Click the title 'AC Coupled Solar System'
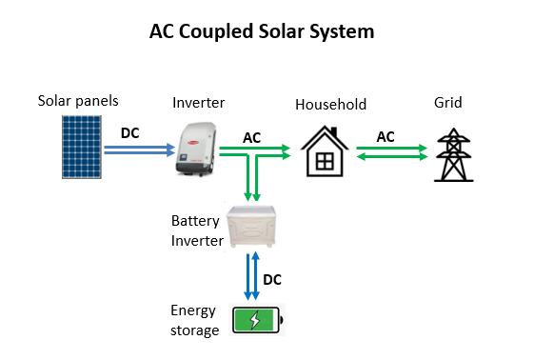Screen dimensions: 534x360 [262, 32]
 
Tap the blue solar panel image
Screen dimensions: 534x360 [82, 147]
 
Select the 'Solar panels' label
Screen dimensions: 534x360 [78, 101]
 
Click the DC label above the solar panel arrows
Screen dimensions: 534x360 [130, 132]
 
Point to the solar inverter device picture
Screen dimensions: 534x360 [196, 149]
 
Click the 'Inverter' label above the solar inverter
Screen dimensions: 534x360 [199, 103]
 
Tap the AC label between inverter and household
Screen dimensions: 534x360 [251, 138]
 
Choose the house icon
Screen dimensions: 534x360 [325, 151]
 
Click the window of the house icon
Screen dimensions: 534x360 [325, 162]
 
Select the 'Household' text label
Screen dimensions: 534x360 [330, 105]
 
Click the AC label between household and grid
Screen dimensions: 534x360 [386, 137]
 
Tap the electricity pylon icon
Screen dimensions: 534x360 [454, 154]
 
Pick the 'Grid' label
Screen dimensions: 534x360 [447, 103]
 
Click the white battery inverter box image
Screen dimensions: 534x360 [251, 226]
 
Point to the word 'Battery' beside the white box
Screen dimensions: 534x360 [195, 221]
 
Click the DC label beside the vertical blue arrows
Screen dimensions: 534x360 [272, 280]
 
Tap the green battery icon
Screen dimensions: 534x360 [257, 320]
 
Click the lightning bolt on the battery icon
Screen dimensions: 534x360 [255, 320]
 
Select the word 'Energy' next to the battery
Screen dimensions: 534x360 [193, 311]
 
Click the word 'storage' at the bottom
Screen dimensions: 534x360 [195, 330]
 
